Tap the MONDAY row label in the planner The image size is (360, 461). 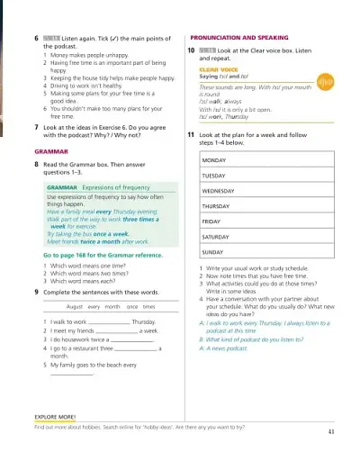214,159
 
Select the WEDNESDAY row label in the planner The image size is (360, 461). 219,191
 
